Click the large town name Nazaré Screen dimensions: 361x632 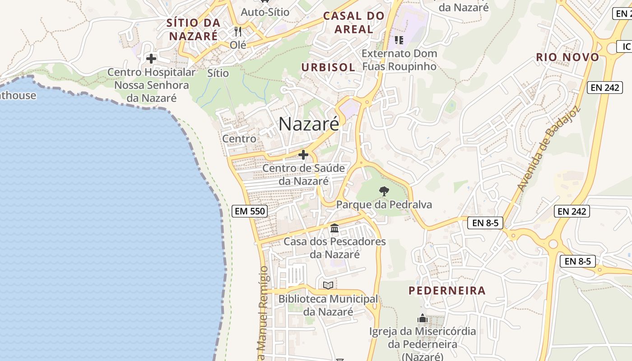[x=309, y=124]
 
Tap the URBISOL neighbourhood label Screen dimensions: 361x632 [x=328, y=67]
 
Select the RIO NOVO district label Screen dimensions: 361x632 [x=567, y=57]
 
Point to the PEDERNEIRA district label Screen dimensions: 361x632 [x=447, y=291]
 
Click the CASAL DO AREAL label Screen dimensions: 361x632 [x=354, y=23]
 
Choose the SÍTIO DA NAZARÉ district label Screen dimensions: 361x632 [x=193, y=29]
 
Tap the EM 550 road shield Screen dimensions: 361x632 [x=250, y=211]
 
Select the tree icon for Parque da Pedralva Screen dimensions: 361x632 [x=384, y=191]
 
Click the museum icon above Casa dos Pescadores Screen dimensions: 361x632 [x=335, y=228]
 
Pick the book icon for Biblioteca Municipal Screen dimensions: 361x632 [x=328, y=285]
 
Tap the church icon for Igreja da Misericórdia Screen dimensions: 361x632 [x=423, y=318]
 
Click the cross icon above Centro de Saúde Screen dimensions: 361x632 [x=303, y=155]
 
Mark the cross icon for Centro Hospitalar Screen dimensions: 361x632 [x=151, y=58]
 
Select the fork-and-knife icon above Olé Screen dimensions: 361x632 [x=238, y=32]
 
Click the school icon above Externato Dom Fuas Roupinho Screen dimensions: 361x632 [x=399, y=40]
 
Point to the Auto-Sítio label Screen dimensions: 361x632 [x=265, y=12]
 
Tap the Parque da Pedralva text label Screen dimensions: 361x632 [x=384, y=205]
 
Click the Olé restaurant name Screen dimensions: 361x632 [x=238, y=45]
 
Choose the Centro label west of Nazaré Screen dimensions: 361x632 [x=239, y=139]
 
